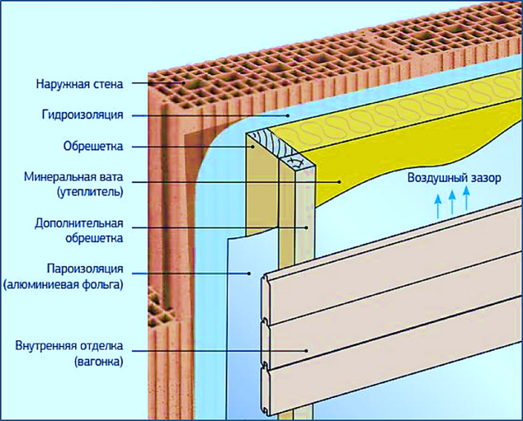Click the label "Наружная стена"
pos(79,83)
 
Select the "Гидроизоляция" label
pos(83,115)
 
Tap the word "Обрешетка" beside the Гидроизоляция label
pos(93,146)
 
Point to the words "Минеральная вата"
pos(74,177)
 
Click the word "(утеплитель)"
pos(90,193)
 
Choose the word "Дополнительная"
pos(78,224)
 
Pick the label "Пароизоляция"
pos(85,268)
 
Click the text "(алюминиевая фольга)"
pos(63,285)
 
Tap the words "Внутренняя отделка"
pos(69,346)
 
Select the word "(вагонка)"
pos(99,361)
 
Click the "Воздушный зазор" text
pos(454,178)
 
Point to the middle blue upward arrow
pos(452,202)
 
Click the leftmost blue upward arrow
pos(438,206)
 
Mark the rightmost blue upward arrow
pos(467,198)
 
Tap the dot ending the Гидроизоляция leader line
pos(288,116)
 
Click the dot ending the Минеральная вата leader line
pos(340,182)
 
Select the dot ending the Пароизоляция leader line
pos(248,273)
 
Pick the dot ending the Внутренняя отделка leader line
pos(306,350)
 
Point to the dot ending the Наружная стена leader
pos(184,83)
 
